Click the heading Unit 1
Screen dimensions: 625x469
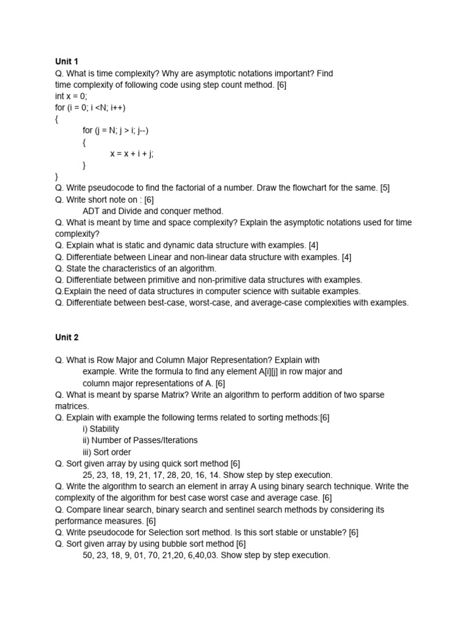pos(67,62)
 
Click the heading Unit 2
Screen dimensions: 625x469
pos(67,337)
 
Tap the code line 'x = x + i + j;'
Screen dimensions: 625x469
pos(132,154)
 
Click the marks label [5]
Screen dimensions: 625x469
pos(384,188)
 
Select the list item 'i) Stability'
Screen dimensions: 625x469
pos(101,429)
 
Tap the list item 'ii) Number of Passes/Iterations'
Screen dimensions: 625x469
pos(140,441)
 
